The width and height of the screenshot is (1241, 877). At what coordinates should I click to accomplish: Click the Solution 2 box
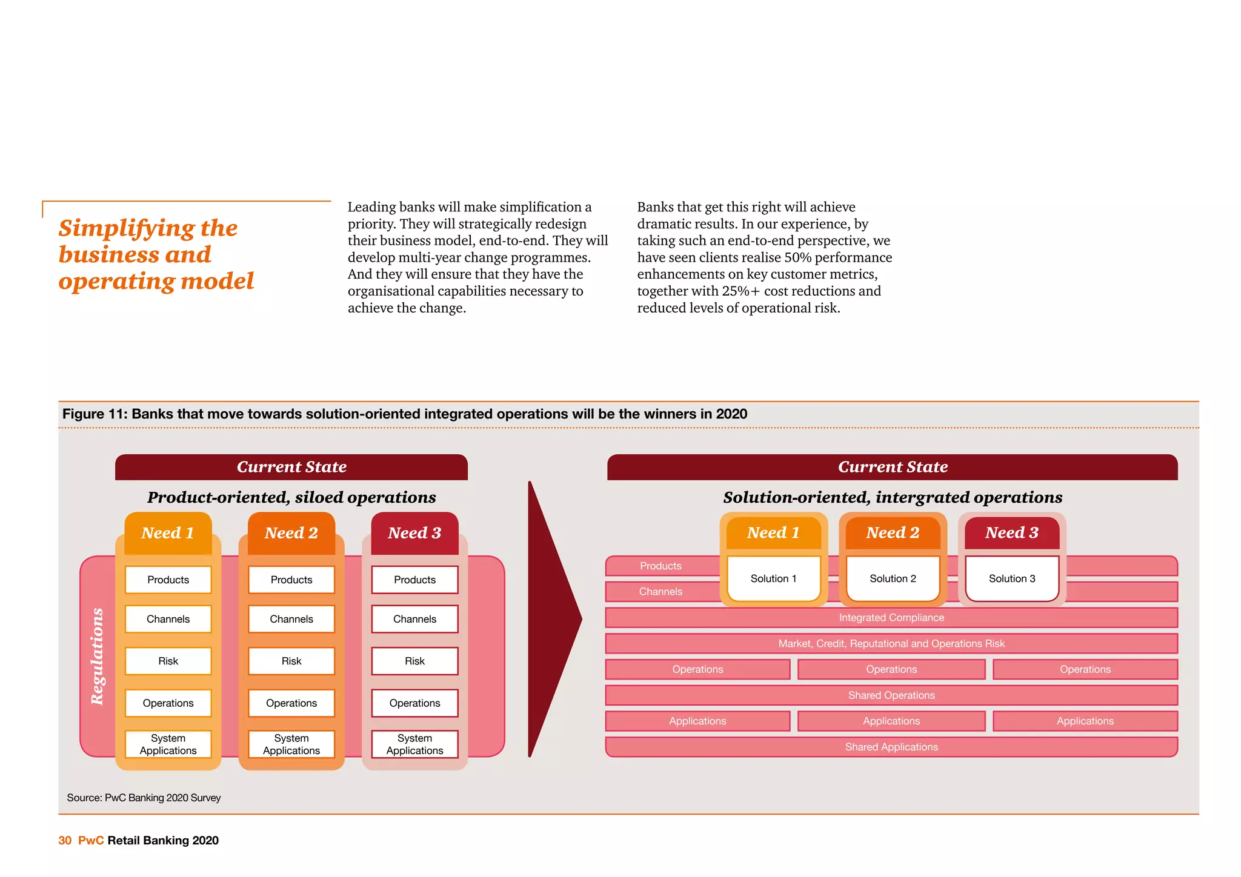pos(893,578)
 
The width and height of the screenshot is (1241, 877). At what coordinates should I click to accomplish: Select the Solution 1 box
pos(773,578)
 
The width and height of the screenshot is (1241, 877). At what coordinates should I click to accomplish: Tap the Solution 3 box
pos(1012,578)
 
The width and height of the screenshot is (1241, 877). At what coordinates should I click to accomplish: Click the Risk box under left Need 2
pos(291,661)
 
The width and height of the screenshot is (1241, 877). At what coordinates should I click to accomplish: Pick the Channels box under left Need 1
pos(168,619)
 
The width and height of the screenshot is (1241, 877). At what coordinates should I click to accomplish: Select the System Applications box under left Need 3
pos(414,744)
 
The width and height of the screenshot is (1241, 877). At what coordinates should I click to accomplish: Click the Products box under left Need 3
pos(414,580)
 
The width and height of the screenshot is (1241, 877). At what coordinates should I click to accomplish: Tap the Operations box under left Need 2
pos(291,703)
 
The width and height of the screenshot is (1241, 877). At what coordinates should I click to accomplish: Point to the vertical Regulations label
pos(97,657)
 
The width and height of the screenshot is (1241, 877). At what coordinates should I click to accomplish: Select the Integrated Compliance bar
pos(891,618)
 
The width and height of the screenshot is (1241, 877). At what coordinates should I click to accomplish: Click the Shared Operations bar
pos(891,695)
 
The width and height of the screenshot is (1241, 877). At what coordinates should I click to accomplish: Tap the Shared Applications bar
pos(891,747)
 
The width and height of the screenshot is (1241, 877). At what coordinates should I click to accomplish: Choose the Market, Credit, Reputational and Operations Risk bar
pos(891,644)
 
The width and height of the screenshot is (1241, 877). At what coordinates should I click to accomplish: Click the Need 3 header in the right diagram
pos(1012,532)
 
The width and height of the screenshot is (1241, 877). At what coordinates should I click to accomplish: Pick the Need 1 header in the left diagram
pos(168,533)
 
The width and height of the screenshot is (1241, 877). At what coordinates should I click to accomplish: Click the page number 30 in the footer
pos(65,840)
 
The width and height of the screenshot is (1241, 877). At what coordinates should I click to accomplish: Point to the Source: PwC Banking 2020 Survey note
pos(144,798)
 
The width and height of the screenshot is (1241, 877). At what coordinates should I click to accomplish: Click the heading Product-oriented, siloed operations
pos(291,497)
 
